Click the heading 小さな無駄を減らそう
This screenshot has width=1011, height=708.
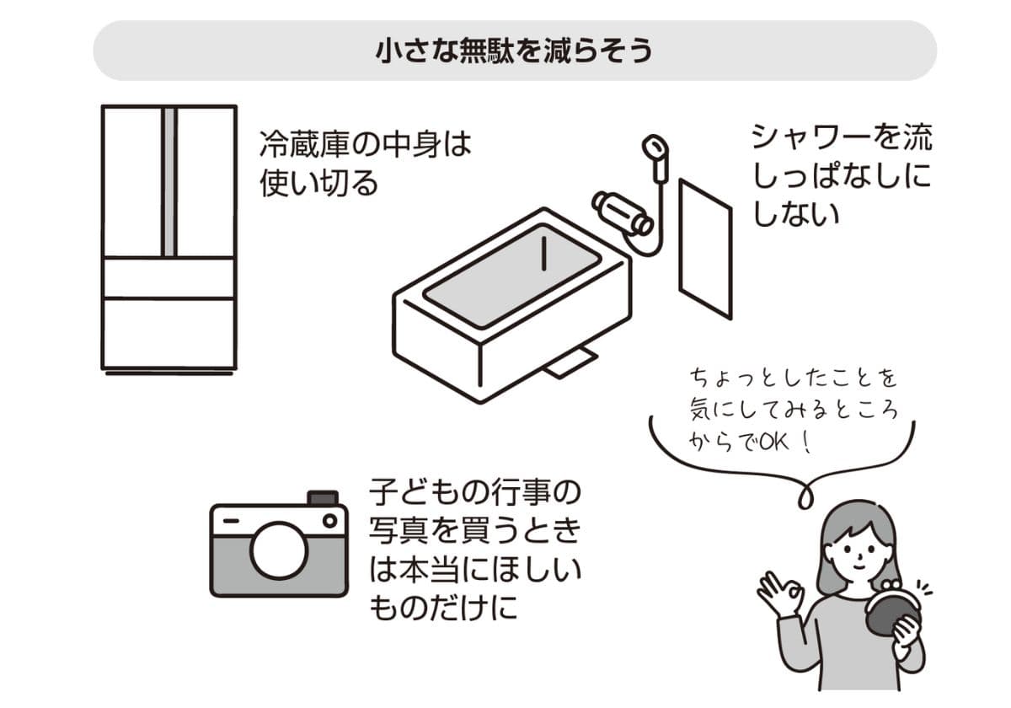point(514,51)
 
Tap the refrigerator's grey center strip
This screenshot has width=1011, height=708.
point(169,181)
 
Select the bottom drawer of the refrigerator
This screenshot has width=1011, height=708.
point(168,332)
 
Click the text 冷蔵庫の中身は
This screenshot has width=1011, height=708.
point(365,144)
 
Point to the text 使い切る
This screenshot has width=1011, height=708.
point(319,183)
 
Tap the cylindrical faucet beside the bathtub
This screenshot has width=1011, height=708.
point(622,212)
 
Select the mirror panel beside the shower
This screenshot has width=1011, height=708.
point(705,249)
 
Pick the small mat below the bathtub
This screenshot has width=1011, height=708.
point(570,362)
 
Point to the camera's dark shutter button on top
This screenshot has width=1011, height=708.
point(323,497)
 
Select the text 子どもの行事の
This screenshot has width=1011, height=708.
point(475,490)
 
